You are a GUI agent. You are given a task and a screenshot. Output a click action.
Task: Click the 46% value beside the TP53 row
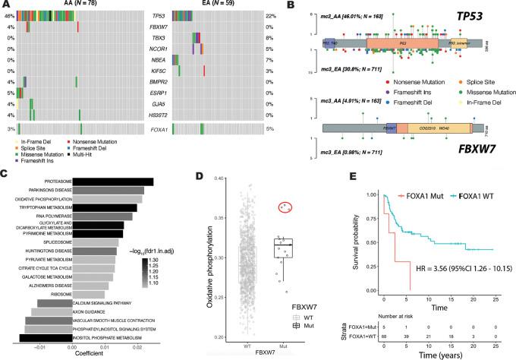7,15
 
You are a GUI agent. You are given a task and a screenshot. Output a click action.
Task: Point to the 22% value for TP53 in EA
288,15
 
